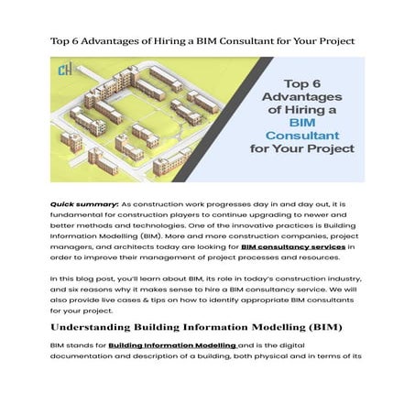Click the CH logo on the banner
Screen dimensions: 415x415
point(62,71)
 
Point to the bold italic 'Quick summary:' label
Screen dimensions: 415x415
point(83,202)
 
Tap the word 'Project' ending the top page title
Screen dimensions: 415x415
point(334,42)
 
